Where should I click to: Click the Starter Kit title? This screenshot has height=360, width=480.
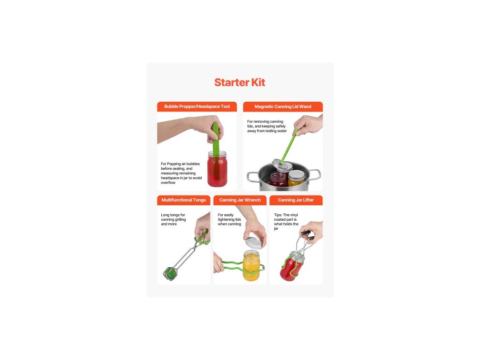click(240, 82)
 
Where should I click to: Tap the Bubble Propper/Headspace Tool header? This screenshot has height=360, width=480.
click(197, 106)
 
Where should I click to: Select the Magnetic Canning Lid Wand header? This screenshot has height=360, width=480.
click(283, 106)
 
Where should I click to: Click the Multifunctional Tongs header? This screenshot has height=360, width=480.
click(184, 200)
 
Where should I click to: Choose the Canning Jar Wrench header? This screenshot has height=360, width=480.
click(240, 200)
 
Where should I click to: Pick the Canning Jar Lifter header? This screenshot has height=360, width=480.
click(296, 200)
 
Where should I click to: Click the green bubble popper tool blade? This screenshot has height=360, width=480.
click(216, 138)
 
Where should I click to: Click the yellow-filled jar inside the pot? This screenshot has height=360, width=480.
click(296, 179)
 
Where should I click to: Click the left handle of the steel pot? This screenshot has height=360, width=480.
click(253, 177)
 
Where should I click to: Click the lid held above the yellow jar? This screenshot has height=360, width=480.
click(254, 242)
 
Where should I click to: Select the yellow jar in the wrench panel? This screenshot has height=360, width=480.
click(251, 266)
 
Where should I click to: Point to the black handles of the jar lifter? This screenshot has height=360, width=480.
click(307, 235)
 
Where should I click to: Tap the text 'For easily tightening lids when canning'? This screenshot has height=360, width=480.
click(229, 219)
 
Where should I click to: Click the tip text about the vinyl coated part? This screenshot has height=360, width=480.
click(286, 222)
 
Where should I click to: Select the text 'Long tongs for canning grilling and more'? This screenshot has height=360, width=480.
click(173, 219)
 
